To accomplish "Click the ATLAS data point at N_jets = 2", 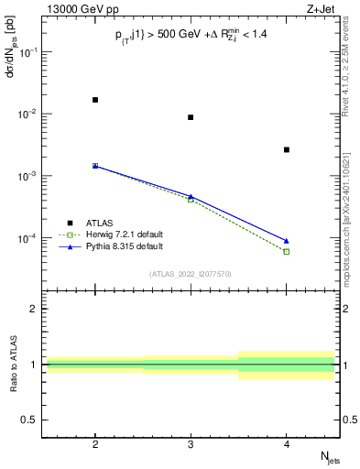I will point(95,100).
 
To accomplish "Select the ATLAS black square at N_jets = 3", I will point(191,117).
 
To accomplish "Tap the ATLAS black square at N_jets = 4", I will point(287,149).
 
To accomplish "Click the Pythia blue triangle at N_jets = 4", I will point(287,241).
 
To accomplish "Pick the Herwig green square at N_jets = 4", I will point(287,251).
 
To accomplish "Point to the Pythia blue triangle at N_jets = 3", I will point(191,196).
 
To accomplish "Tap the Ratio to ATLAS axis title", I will point(11,365).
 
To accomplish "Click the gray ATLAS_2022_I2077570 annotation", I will point(191,274).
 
